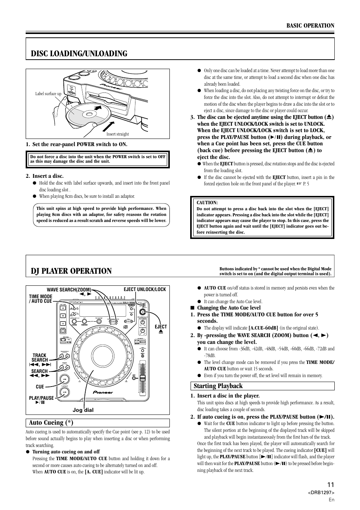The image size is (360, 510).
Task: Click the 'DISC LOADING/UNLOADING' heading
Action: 79,54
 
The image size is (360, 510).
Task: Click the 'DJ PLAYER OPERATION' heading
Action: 71,271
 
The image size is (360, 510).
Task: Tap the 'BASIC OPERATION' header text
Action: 310,26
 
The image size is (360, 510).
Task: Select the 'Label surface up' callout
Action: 48,94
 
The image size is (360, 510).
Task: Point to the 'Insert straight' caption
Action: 117,134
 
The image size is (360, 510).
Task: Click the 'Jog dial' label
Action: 83,410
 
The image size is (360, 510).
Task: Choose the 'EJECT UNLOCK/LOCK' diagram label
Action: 145,290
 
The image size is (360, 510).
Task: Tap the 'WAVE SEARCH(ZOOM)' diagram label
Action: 69,290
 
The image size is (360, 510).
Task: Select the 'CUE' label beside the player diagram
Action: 40,387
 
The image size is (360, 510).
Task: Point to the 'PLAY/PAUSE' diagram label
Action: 41,398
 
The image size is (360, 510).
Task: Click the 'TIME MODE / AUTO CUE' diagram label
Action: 40,299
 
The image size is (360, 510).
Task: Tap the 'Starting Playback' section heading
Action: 218,386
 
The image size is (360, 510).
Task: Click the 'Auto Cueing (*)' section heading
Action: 51,422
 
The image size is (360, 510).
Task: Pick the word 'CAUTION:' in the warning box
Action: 207,203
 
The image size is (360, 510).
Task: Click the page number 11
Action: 331,485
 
